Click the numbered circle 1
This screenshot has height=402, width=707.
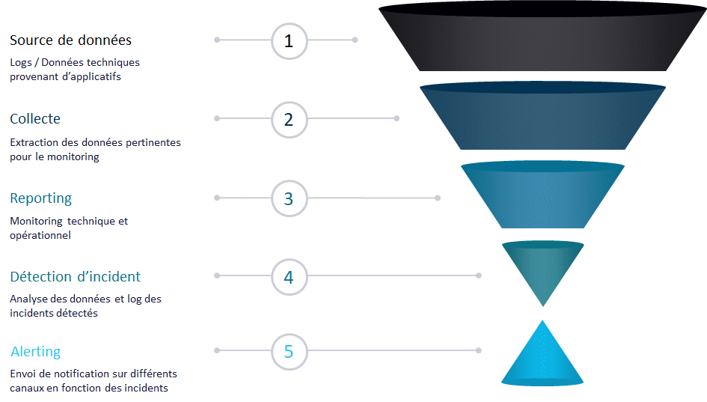tap(289, 40)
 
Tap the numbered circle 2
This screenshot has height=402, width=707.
tap(289, 119)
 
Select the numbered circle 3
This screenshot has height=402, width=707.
tap(289, 198)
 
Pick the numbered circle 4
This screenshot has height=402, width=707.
tap(289, 277)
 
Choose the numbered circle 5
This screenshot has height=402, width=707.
tap(289, 351)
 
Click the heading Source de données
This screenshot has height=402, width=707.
tap(70, 40)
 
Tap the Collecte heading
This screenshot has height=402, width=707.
tap(35, 119)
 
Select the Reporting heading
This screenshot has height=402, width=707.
tap(41, 198)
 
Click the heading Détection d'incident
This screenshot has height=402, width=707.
tap(75, 277)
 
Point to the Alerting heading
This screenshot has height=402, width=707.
tap(35, 352)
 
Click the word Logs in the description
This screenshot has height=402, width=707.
tap(20, 62)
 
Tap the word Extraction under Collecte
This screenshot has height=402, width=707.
tap(34, 142)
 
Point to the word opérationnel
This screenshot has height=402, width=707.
tap(40, 235)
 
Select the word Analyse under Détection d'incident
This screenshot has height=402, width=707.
tap(28, 299)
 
